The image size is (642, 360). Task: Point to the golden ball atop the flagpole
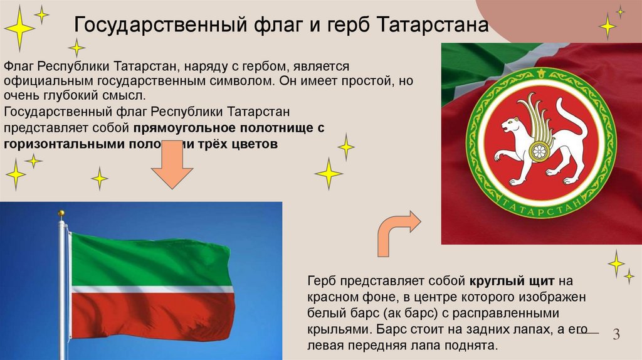[61, 214]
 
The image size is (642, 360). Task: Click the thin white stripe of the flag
[150, 290]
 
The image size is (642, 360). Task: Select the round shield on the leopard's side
[538, 151]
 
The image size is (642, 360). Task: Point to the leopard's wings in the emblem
[539, 116]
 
